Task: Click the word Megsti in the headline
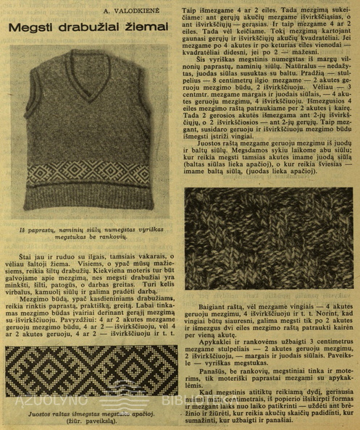click(x=33, y=28)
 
